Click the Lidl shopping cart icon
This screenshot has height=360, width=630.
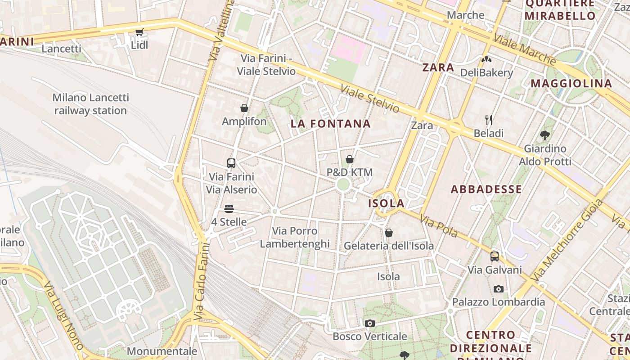coord(139,32)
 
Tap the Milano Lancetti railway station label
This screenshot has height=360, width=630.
coord(90,104)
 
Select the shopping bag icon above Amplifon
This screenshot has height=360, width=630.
coord(244,108)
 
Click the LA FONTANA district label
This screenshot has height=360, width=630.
coord(331,124)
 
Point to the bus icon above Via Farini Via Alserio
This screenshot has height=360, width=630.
coord(231,163)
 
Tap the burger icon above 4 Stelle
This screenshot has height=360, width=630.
coord(229,209)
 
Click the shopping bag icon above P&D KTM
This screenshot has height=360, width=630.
coord(350,159)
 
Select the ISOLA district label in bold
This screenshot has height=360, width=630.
coord(387,203)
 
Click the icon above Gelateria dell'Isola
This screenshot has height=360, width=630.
coord(389,233)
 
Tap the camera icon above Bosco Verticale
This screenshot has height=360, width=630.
coord(370,323)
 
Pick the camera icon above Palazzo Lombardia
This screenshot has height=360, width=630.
coord(498,289)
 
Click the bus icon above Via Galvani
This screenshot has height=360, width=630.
coord(495,256)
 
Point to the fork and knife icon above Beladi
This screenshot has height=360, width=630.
coord(489,120)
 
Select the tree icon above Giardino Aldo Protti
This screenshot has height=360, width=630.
coord(545,135)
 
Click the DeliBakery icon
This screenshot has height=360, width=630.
coord(486,59)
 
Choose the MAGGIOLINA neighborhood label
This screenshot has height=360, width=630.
coord(571,84)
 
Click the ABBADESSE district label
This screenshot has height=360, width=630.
coord(486,189)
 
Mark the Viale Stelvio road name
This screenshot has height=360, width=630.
coord(369,99)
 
